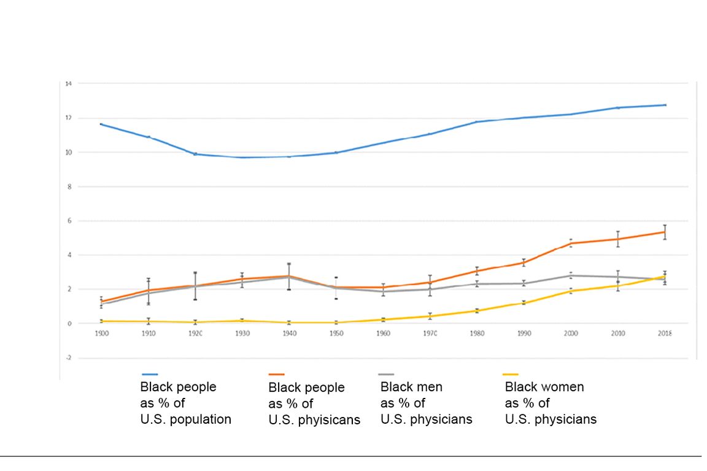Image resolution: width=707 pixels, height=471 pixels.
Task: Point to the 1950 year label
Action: coord(336,333)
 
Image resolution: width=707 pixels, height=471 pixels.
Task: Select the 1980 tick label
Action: coord(477,333)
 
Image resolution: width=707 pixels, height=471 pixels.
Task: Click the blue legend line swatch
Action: coord(150,374)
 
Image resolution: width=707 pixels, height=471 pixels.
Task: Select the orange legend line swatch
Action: coord(277,374)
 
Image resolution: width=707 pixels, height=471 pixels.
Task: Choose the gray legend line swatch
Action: coord(387,374)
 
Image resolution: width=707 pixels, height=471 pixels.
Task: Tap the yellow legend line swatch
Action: coord(511,374)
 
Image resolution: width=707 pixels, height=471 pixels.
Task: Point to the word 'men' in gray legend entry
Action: coord(428,387)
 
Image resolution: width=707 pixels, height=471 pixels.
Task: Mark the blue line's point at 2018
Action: coord(665,105)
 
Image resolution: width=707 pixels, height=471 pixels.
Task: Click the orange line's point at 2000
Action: coord(571,243)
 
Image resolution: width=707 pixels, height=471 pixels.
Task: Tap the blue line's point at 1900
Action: coord(101,124)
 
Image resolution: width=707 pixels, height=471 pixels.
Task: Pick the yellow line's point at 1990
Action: coord(523,303)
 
